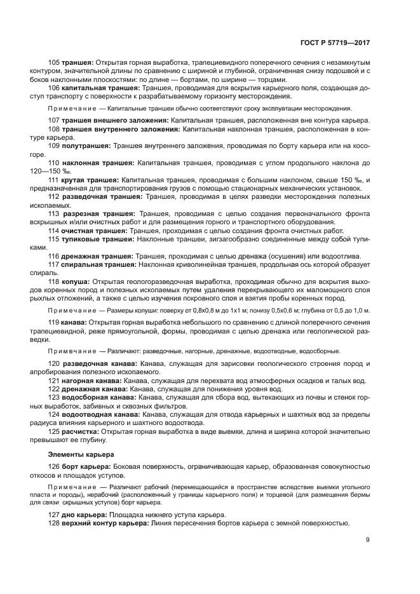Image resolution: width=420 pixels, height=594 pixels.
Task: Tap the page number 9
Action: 368,540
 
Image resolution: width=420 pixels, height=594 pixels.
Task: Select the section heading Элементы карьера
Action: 81,454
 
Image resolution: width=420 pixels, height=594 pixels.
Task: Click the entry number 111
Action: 54,180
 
